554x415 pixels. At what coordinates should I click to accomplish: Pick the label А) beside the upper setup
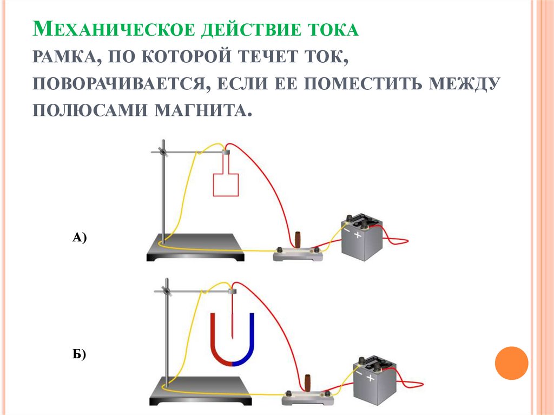(x=79, y=237)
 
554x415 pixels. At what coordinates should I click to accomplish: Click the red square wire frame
(x=226, y=184)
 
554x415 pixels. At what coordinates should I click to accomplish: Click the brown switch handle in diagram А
(x=299, y=240)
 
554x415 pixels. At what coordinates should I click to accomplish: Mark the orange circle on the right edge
(x=511, y=363)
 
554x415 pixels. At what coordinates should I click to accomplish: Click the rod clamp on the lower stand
(x=166, y=291)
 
